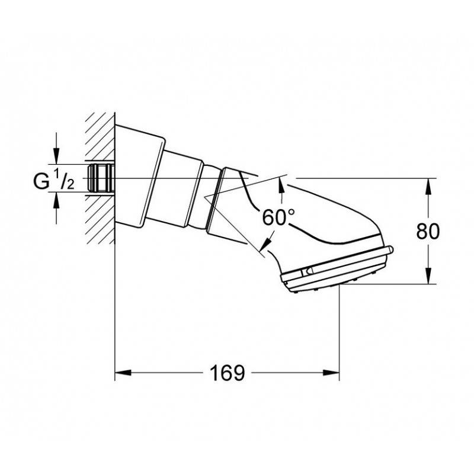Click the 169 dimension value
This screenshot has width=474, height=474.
pos(227,373)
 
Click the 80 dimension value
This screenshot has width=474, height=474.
pos(428,231)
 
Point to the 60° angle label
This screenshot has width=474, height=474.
pos(278,217)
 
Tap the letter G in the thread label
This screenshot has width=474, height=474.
pos(41,181)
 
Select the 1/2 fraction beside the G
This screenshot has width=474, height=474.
pos(64,180)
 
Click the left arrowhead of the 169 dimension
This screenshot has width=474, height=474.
pos(123,373)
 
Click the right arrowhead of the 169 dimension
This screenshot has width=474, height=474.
pos(331,373)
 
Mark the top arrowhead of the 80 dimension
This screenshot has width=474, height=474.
pos(428,187)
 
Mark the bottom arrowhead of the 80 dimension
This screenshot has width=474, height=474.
pos(428,276)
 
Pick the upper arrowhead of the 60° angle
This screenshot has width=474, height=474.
pos(281,186)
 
